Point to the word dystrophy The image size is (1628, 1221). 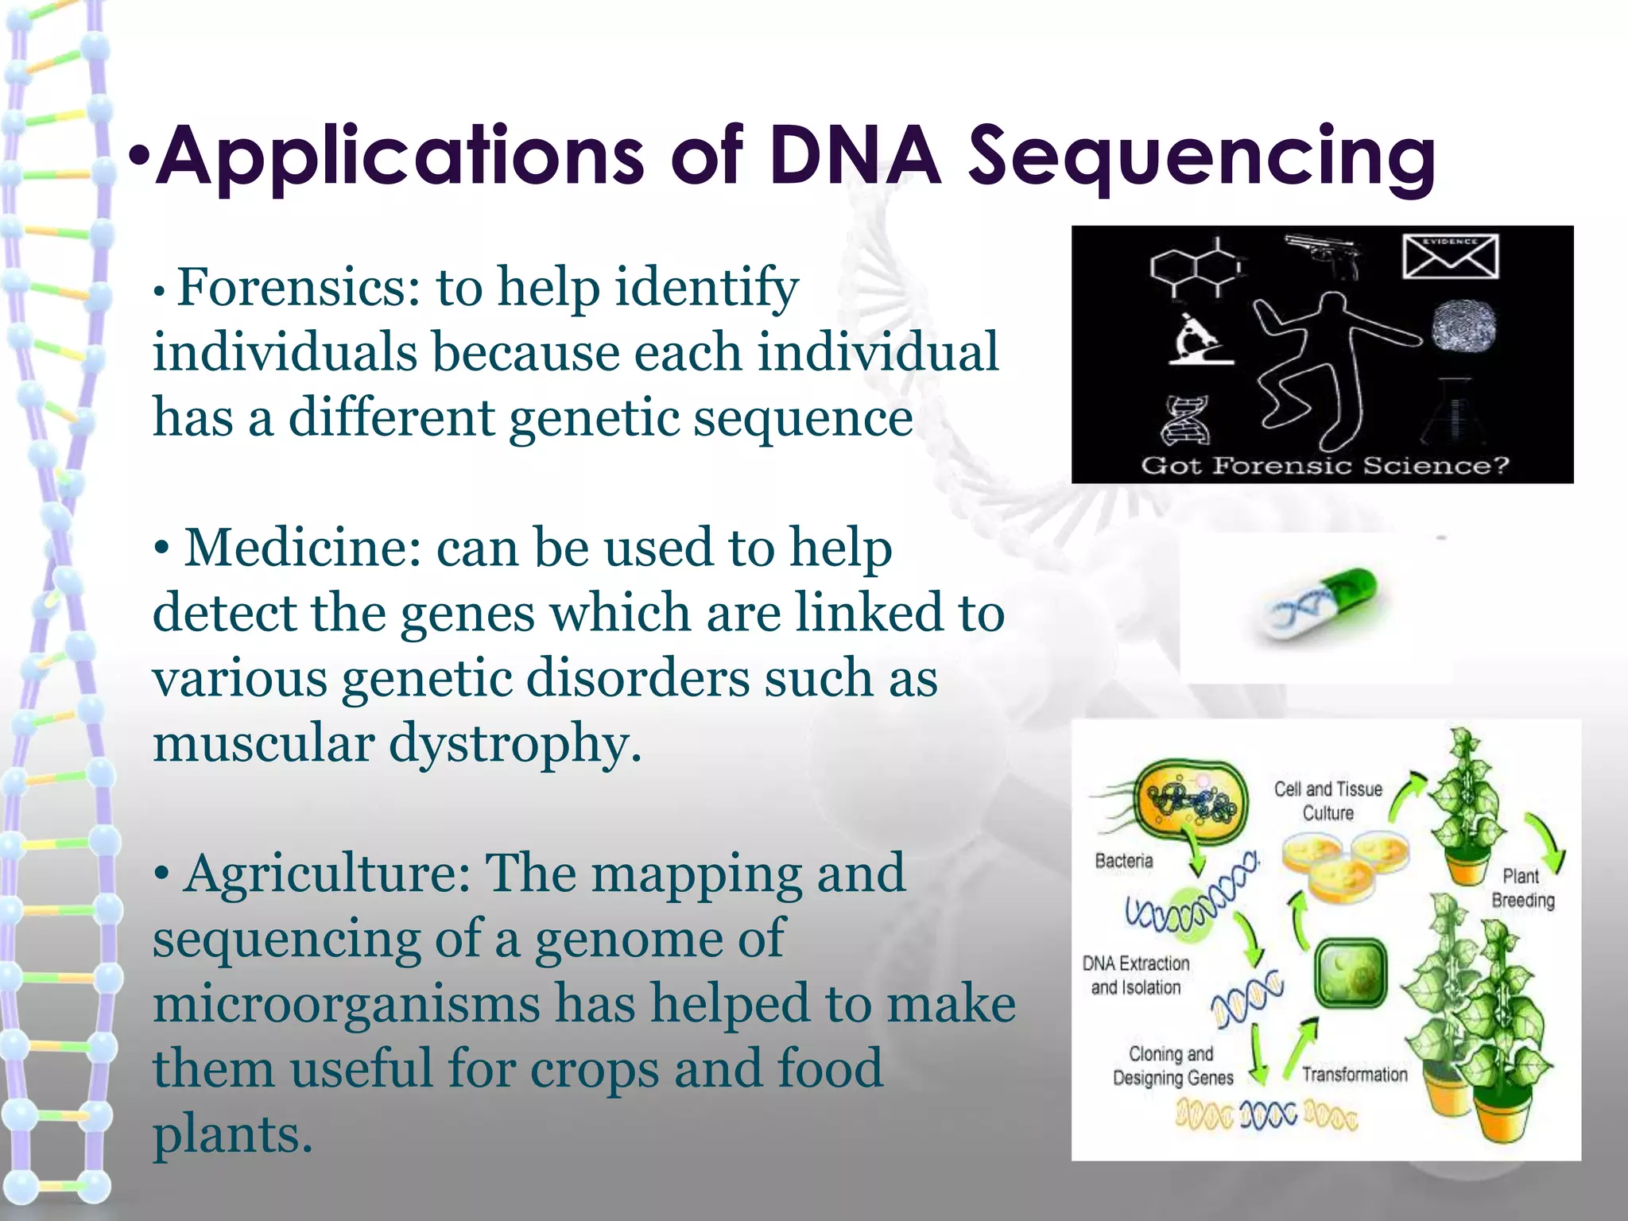(x=514, y=743)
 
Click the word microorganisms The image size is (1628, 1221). (x=347, y=1004)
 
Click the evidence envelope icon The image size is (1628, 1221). (x=1450, y=256)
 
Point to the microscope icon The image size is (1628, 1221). (x=1199, y=340)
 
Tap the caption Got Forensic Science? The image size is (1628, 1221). (x=1324, y=466)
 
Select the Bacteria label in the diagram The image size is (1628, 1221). (x=1123, y=861)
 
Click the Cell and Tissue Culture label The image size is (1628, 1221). (x=1328, y=800)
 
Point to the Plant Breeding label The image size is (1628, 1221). (x=1522, y=888)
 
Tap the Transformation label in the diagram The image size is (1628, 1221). (x=1355, y=1075)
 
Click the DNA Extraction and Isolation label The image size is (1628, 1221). (x=1136, y=975)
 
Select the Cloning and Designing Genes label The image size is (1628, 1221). (x=1173, y=1066)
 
